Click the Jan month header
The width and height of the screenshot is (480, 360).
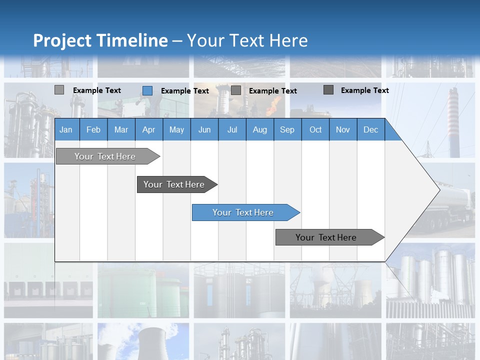click(x=66, y=129)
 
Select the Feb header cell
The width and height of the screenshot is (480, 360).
click(x=93, y=129)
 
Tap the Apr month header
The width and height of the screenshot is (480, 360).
click(x=148, y=129)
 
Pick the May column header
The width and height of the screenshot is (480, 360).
click(x=176, y=129)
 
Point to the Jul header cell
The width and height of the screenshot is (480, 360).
click(x=232, y=129)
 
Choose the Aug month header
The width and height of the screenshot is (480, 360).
click(x=259, y=129)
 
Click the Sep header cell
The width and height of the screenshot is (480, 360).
click(x=287, y=129)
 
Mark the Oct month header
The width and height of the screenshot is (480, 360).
click(x=315, y=129)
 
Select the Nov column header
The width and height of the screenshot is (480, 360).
click(x=343, y=129)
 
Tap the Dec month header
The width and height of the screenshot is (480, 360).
click(x=370, y=129)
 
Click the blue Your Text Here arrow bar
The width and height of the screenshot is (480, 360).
click(x=243, y=212)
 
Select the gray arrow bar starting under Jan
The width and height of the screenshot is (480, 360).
click(x=105, y=156)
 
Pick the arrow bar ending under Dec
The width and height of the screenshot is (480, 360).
click(x=326, y=237)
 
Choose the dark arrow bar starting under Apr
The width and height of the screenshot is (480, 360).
click(x=174, y=184)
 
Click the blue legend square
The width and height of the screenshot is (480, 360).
click(x=147, y=90)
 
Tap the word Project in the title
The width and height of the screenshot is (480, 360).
click(x=62, y=40)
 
